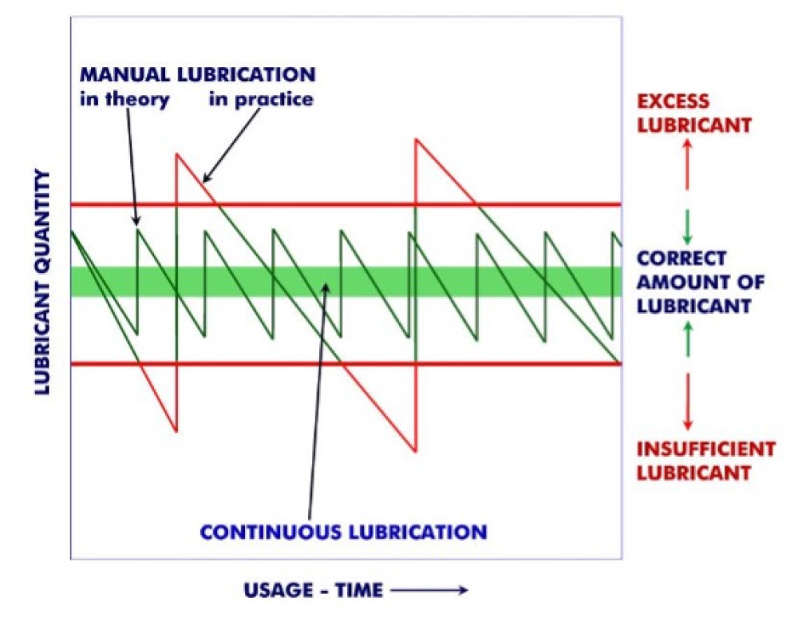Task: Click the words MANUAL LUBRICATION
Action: [197, 75]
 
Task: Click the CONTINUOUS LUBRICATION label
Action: [342, 531]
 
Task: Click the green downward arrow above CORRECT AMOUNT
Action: [688, 226]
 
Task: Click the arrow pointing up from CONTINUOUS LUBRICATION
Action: [318, 399]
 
